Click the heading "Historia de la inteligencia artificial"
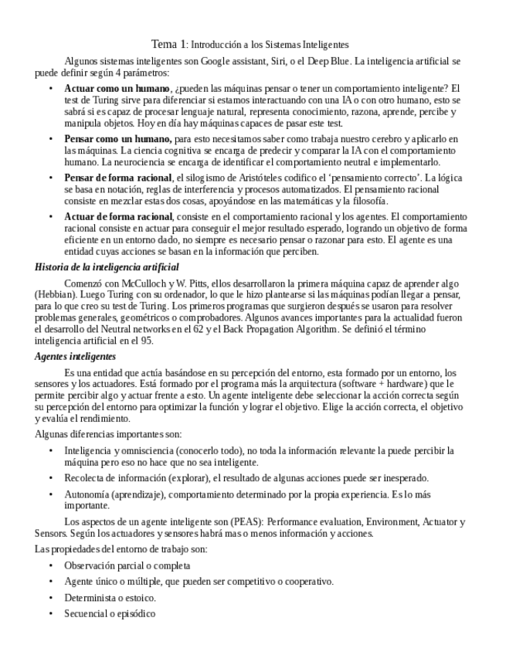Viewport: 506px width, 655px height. pos(107,267)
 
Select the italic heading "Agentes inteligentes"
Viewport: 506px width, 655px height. pos(75,356)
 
